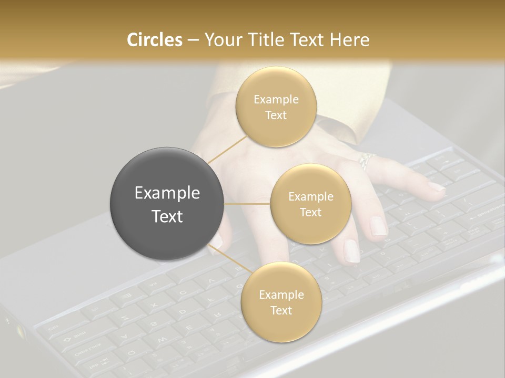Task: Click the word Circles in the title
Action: (154, 40)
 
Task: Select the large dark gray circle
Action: (167, 204)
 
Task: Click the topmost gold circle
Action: (276, 107)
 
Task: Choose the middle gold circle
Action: (310, 204)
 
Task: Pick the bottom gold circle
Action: (281, 302)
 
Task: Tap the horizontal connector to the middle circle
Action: (247, 204)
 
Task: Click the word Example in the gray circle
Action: (167, 193)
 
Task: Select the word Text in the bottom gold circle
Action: (281, 310)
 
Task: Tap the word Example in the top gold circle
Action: (276, 100)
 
